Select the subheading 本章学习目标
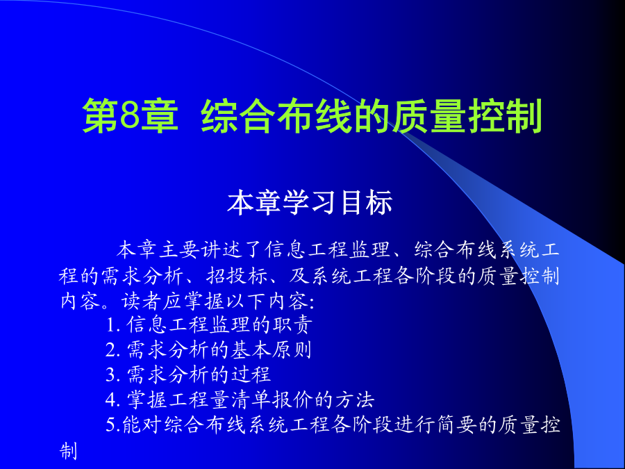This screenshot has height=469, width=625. (310, 203)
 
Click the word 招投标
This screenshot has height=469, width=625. (237, 276)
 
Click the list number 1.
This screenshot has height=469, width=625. (112, 326)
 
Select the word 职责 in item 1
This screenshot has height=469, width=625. (292, 325)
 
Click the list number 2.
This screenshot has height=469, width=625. (112, 351)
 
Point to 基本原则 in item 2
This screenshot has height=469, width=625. (271, 349)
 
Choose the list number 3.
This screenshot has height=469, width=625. (112, 375)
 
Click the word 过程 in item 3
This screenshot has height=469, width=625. (251, 375)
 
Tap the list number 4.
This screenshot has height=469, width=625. (112, 400)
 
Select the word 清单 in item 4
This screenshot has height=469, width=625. (251, 400)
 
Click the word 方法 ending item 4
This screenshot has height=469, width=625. (354, 400)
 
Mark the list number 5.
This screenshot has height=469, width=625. (112, 425)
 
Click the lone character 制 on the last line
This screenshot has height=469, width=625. (68, 451)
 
